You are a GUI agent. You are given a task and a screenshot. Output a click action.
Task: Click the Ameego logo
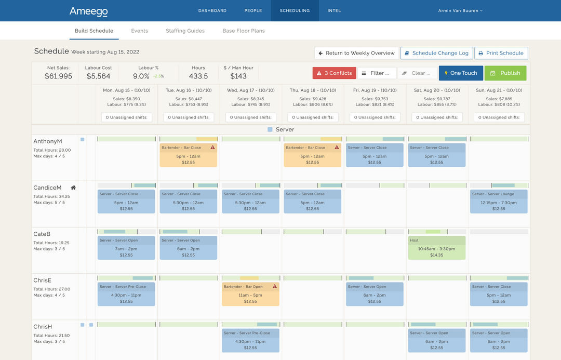coord(89,10)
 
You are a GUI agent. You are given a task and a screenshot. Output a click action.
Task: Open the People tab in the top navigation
coord(253,10)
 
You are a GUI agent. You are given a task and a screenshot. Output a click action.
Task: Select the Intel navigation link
coord(334,10)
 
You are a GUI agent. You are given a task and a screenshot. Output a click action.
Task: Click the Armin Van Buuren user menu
coord(460,10)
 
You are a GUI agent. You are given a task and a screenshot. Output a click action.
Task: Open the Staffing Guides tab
coord(185,31)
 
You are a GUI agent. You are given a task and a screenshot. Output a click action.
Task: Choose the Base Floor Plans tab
coord(244,31)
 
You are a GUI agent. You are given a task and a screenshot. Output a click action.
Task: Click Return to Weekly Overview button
coord(356,53)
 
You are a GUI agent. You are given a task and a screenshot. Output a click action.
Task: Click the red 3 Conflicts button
coord(334,73)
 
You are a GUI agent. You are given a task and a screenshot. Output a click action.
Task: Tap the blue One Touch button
coord(460,73)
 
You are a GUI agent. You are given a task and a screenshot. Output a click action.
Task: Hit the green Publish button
coord(505,73)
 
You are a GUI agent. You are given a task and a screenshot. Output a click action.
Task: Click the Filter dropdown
coord(377,73)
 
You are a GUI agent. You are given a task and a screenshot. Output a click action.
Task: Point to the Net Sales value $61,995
coord(59,76)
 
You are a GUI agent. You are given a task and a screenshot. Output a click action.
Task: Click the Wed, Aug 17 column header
coord(251,90)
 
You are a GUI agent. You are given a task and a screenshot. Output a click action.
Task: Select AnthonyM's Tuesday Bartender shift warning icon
coord(212,148)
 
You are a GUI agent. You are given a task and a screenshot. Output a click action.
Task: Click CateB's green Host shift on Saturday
coord(436,248)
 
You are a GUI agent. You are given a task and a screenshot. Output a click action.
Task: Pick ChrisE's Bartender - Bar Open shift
coord(250,294)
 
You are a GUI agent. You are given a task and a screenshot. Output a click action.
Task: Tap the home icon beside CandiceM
coord(74,188)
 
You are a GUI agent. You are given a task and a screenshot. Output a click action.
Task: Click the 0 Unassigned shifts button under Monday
coord(127,117)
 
